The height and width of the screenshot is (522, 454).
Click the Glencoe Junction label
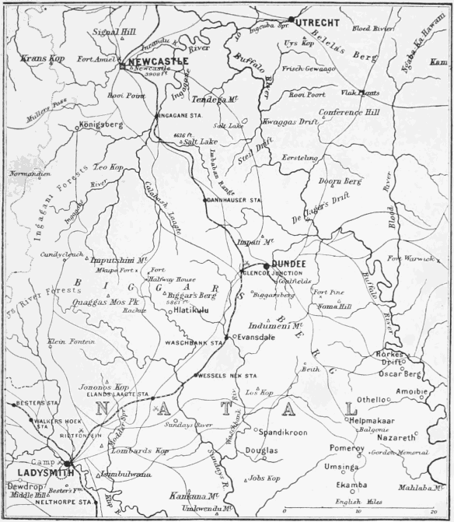pyautogui.click(x=265, y=274)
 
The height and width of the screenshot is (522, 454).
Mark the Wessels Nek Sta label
pyautogui.click(x=225, y=376)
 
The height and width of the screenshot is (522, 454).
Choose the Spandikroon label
pyautogui.click(x=283, y=432)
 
